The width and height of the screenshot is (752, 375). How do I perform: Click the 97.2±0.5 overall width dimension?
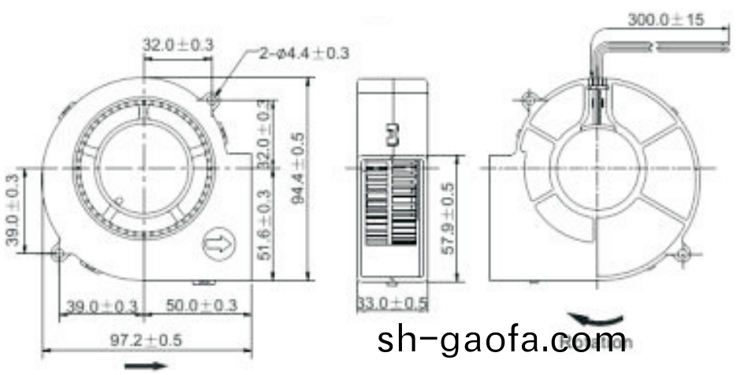tap(146, 340)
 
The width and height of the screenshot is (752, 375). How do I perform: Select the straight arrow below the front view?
tap(147, 366)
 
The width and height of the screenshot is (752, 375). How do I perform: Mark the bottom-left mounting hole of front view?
tap(58, 253)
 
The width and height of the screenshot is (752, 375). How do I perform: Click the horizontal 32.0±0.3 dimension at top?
tap(177, 45)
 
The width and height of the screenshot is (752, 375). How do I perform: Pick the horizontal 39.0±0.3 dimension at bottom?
tap(101, 306)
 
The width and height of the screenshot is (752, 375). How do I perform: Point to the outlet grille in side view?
tap(392, 206)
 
